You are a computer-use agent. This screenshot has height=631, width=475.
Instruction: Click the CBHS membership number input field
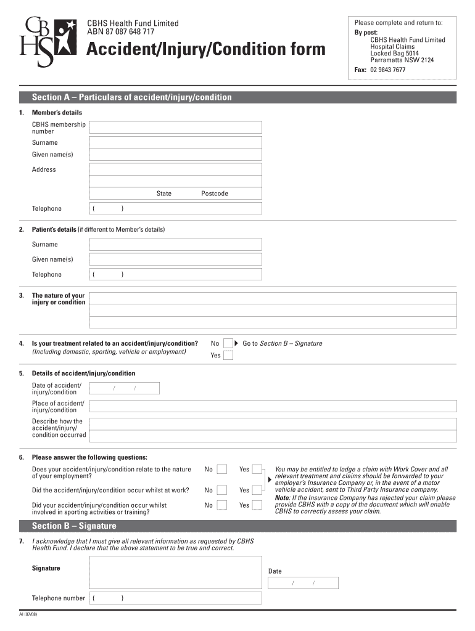pyautogui.click(x=175, y=128)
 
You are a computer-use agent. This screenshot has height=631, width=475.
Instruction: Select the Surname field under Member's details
pyautogui.click(x=175, y=142)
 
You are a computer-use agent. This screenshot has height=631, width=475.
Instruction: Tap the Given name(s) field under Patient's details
pyautogui.click(x=175, y=259)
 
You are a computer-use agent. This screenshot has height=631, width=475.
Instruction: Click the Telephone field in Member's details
pyautogui.click(x=175, y=208)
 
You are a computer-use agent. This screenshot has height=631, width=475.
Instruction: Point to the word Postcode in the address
pyautogui.click(x=215, y=193)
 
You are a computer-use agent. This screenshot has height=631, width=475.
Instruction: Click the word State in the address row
pyautogui.click(x=164, y=193)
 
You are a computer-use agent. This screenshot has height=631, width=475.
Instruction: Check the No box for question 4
pyautogui.click(x=228, y=343)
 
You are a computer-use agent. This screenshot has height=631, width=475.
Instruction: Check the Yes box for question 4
pyautogui.click(x=228, y=356)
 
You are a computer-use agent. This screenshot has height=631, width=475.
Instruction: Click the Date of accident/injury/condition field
pyautogui.click(x=125, y=388)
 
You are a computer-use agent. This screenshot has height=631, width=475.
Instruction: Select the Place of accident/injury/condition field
pyautogui.click(x=273, y=406)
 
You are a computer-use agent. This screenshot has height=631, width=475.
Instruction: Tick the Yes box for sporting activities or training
pyautogui.click(x=258, y=505)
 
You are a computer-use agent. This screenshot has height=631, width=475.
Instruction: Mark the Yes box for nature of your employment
pyautogui.click(x=258, y=470)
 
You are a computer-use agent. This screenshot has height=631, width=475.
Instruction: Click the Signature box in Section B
pyautogui.click(x=175, y=572)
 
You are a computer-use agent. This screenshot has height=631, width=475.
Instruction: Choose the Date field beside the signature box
pyautogui.click(x=303, y=583)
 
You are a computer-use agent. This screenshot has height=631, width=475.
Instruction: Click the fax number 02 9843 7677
pyautogui.click(x=387, y=70)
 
